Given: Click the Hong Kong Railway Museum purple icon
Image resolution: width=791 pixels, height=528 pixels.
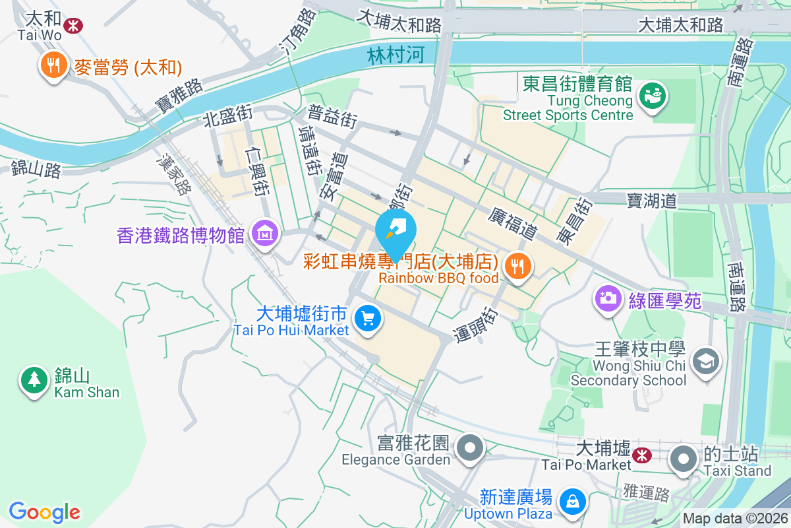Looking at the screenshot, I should [265, 233].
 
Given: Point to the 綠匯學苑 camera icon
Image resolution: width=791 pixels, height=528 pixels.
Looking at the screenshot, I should [608, 297].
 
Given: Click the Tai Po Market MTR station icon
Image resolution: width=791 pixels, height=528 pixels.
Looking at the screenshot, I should [641, 455].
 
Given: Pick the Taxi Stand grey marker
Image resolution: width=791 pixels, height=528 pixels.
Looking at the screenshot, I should [684, 458].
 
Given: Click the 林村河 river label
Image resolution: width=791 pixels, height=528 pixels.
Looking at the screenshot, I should [395, 55].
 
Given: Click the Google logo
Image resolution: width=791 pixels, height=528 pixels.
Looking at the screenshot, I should [45, 511].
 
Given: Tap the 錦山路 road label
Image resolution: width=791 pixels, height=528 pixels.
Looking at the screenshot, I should [36, 169].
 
